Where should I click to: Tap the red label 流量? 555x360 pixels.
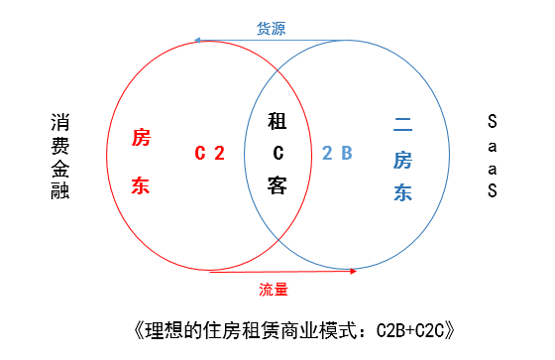(x=274, y=289)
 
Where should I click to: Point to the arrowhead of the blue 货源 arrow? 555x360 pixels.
(x=198, y=41)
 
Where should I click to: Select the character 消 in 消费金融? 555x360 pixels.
(x=60, y=122)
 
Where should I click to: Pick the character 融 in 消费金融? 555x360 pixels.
(x=60, y=190)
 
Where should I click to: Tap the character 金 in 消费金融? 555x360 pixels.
(x=60, y=168)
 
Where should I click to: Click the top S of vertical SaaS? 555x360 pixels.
(x=493, y=122)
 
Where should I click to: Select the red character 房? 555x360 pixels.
(x=141, y=138)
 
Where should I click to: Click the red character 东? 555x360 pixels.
(x=141, y=185)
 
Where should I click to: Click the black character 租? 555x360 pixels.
(x=277, y=122)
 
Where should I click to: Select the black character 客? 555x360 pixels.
(x=277, y=184)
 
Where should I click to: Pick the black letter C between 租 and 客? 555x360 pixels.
(x=278, y=153)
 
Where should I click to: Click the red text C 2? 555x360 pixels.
(x=209, y=153)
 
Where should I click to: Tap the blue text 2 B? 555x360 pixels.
(x=337, y=153)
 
